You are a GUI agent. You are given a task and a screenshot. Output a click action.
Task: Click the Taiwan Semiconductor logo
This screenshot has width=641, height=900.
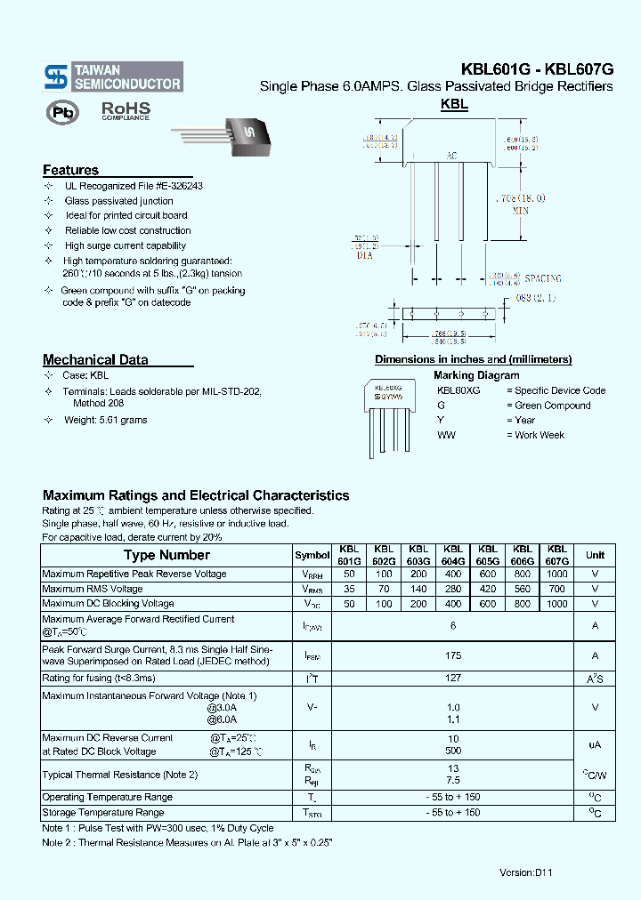[113, 76]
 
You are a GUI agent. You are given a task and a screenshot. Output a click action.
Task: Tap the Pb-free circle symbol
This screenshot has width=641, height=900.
[62, 113]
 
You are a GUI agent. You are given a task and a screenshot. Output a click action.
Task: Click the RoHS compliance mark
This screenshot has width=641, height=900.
[125, 111]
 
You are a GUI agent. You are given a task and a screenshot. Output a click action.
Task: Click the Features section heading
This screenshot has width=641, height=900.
[71, 170]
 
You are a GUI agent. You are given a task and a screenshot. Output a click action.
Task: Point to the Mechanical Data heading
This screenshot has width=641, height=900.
[95, 360]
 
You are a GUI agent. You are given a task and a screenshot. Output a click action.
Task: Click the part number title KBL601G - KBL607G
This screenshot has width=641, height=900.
[537, 69]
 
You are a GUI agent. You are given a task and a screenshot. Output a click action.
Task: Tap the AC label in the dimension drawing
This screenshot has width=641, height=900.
[451, 157]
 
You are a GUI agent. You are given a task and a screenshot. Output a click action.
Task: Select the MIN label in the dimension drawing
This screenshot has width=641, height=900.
[521, 212]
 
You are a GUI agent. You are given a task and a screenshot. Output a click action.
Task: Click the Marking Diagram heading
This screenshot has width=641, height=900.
[475, 375]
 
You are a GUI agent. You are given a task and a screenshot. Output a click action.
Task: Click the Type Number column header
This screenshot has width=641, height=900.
[166, 555]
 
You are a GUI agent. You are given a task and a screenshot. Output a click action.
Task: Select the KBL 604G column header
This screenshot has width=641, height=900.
[453, 555]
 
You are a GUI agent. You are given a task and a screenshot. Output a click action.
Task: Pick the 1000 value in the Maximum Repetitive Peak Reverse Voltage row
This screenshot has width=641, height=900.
[557, 575]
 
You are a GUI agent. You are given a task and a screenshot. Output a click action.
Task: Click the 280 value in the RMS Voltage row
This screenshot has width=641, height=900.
[453, 589]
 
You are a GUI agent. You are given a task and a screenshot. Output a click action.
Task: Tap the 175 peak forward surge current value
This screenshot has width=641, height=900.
[453, 655]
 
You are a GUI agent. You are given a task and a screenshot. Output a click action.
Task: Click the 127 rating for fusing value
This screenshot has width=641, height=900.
[453, 678]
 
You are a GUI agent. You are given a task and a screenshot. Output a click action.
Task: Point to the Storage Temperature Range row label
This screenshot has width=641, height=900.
[103, 812]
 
